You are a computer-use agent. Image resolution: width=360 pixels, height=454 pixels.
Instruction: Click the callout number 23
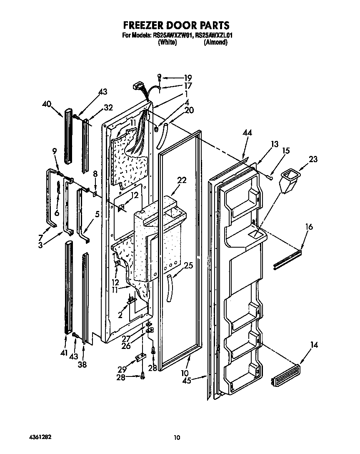313,159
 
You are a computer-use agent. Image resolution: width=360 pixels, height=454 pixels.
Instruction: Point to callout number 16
309,227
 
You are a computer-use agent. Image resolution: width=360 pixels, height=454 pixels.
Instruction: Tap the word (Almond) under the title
215,42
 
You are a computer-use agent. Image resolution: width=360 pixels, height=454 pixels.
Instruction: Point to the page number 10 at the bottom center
177,437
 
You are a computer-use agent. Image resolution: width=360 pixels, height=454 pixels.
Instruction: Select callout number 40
47,104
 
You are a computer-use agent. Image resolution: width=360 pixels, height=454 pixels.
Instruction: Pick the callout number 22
181,180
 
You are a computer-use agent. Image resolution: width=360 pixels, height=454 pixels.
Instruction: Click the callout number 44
248,132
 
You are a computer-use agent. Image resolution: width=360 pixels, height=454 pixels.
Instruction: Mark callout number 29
122,369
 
